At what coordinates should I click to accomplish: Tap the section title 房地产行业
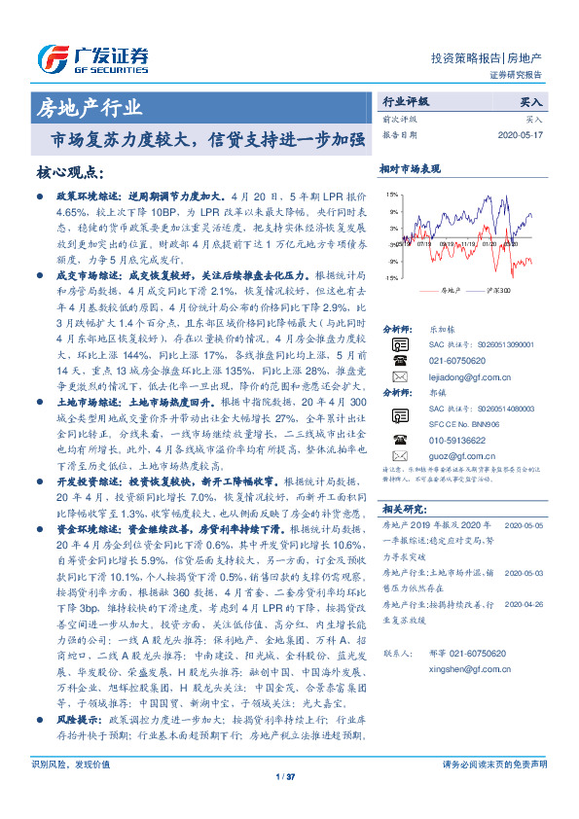88,107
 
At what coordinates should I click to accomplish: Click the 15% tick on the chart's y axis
391,195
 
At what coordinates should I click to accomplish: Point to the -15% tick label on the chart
390,278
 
